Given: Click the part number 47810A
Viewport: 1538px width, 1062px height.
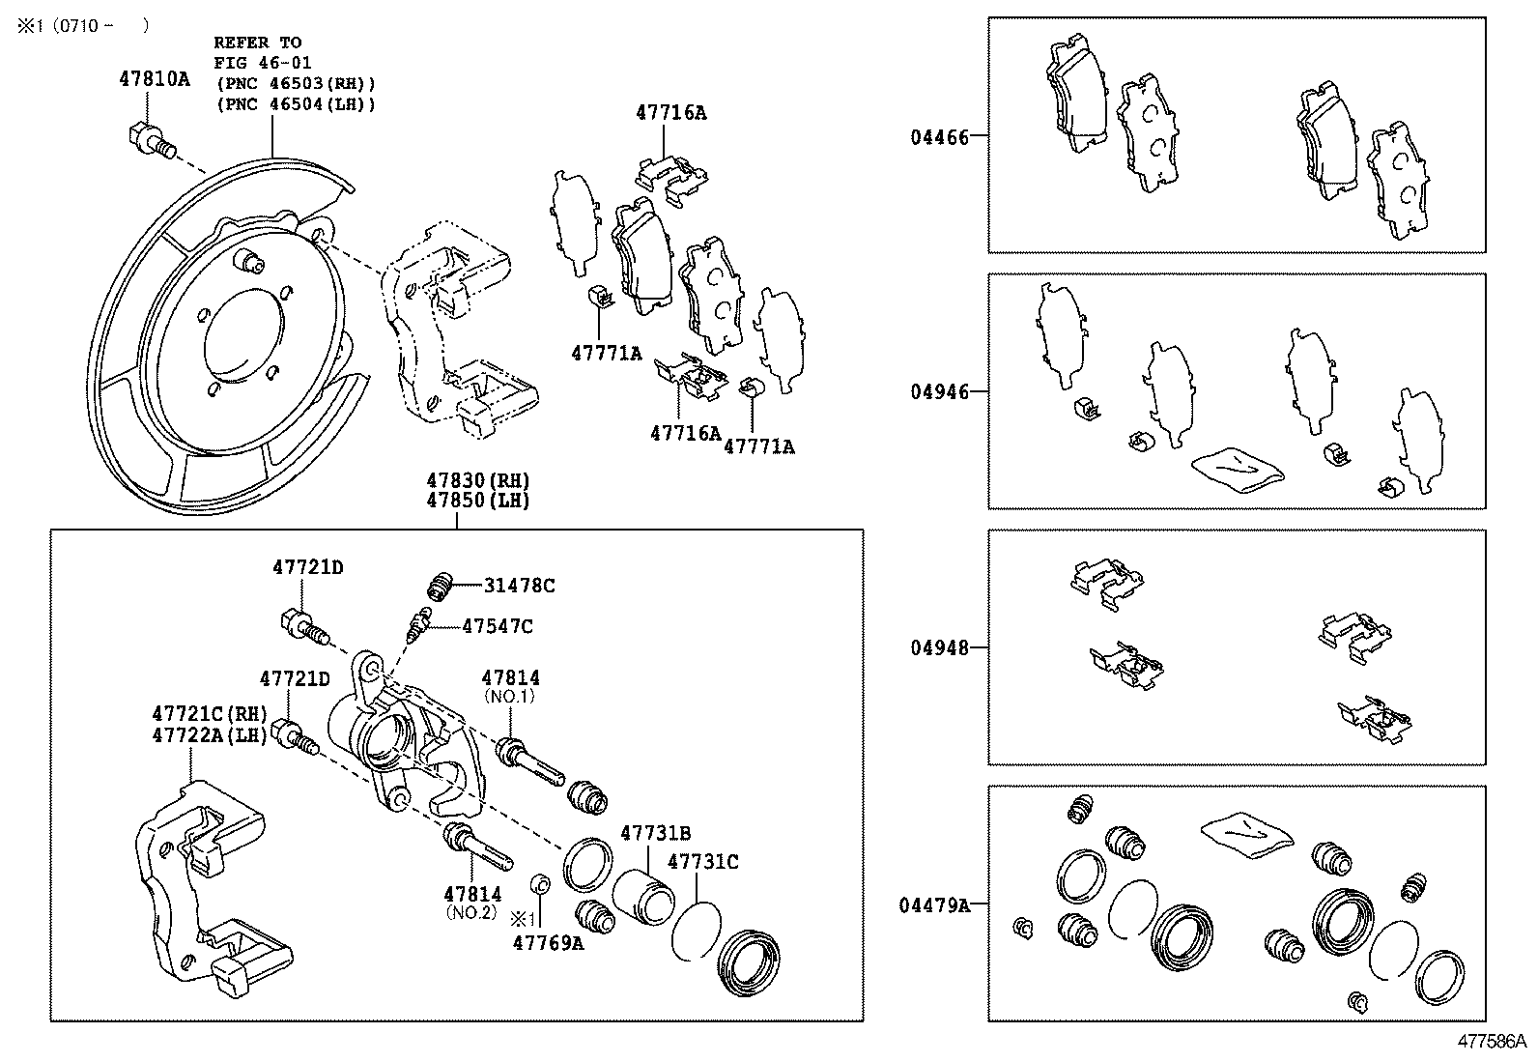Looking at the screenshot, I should (155, 80).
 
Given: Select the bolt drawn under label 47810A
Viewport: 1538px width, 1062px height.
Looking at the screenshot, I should (150, 140).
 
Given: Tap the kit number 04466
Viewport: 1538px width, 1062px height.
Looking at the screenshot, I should (938, 137).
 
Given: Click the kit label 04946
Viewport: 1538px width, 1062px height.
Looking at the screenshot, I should (938, 392).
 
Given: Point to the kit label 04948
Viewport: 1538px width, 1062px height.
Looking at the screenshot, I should (938, 647).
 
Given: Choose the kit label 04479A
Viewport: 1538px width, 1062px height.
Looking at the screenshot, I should (933, 905).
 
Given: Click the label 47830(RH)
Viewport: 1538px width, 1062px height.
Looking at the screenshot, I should (479, 480).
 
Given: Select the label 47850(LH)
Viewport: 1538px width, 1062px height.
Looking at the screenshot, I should (479, 501).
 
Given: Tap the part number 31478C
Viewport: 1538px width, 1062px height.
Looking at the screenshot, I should (519, 586).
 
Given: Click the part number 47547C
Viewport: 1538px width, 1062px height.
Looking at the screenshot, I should (497, 626).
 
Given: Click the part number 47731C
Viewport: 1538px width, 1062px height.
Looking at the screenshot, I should (702, 861).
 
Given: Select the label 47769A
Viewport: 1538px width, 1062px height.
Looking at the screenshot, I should (548, 943).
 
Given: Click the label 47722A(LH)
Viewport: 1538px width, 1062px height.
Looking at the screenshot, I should (209, 734).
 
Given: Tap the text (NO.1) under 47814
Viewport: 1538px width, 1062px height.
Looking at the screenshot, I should (510, 697).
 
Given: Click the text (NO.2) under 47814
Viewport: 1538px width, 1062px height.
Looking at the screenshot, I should (472, 911).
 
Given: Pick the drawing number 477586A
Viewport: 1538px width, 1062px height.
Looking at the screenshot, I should (1493, 1042).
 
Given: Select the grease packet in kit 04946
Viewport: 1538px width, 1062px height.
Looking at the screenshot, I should (1238, 468).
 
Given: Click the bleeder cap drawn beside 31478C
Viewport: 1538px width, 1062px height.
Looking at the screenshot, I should (440, 586).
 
